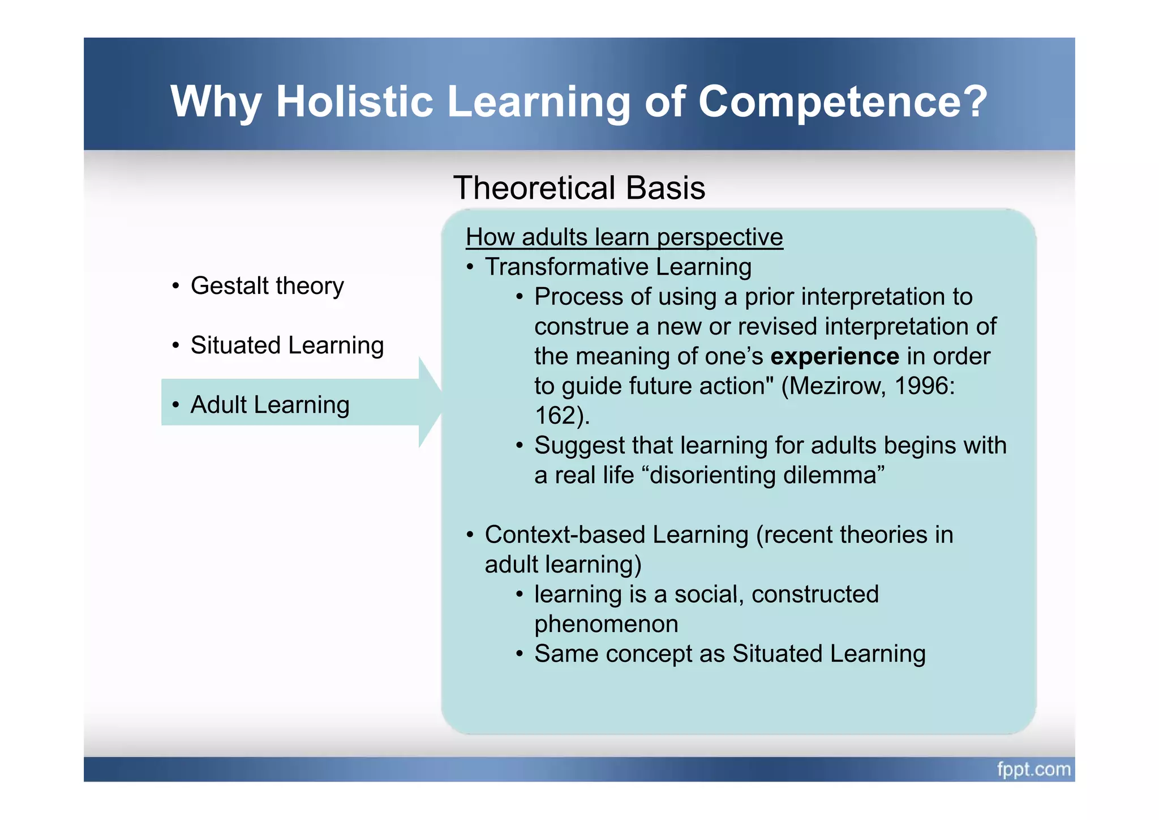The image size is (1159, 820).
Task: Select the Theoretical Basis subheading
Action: [579, 187]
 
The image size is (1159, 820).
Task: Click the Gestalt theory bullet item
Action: [267, 285]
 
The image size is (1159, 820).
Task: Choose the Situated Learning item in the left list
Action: [287, 345]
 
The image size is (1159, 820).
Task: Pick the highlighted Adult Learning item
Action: [269, 404]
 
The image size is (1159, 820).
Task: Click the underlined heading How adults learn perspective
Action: [624, 237]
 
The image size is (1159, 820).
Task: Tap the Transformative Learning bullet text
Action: [618, 267]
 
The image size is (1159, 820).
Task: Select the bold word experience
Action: [835, 356]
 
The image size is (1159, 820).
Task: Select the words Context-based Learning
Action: [616, 535]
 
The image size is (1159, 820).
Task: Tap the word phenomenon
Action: [606, 624]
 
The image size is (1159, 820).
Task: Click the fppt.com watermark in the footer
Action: [1033, 769]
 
